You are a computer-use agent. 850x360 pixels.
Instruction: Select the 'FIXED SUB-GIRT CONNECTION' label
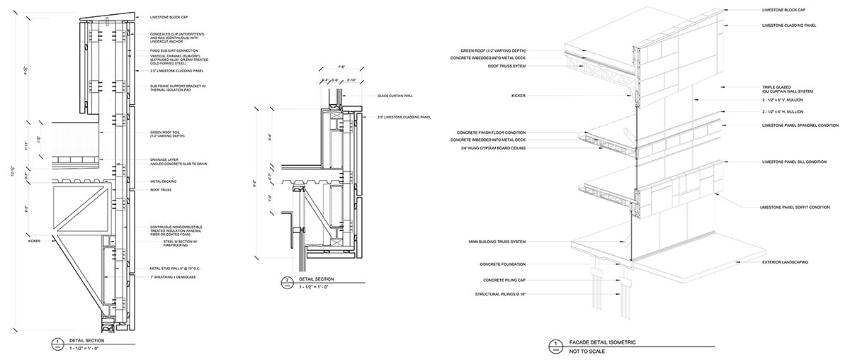[x=174, y=50]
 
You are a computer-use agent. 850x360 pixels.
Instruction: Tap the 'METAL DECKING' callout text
[x=164, y=181]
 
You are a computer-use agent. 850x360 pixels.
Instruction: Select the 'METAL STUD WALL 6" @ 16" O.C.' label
[x=174, y=269]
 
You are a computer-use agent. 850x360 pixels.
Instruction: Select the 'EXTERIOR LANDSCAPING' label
[x=786, y=262]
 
